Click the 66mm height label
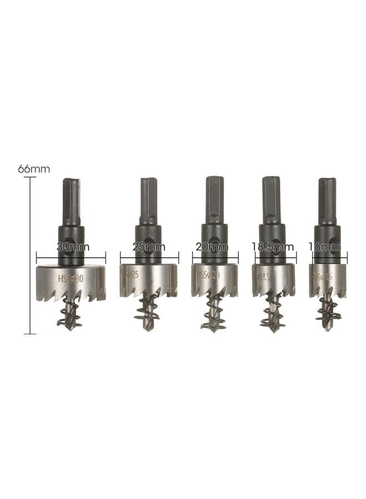tap(34, 169)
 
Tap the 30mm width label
tap(70, 248)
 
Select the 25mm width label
tap(149, 248)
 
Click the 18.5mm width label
tap(273, 248)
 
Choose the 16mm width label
tap(328, 248)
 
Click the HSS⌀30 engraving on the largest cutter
tap(70, 279)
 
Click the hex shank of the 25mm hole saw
tap(149, 200)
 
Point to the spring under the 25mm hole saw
tap(147, 309)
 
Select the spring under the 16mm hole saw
tap(326, 310)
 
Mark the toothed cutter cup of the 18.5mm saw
tap(273, 280)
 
